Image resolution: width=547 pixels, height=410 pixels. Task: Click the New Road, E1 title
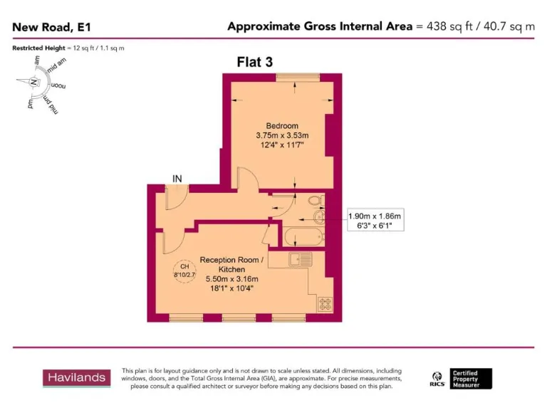[51, 28]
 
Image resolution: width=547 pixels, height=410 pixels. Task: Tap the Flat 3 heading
[254, 62]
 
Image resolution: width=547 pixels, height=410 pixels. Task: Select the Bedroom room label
[282, 126]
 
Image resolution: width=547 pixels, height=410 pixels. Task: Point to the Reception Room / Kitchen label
[231, 265]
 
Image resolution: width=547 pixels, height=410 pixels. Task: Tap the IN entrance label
[177, 178]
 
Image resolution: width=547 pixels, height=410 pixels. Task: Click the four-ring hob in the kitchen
[325, 304]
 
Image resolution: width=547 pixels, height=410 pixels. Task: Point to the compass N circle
[33, 82]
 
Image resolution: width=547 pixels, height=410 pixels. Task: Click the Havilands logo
[76, 377]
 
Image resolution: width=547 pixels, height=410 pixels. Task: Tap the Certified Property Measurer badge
[471, 378]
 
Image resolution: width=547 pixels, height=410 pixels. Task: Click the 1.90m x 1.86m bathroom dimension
[375, 216]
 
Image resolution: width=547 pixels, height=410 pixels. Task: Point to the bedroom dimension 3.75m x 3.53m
[282, 136]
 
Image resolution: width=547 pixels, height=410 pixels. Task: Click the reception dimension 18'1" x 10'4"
[231, 288]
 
